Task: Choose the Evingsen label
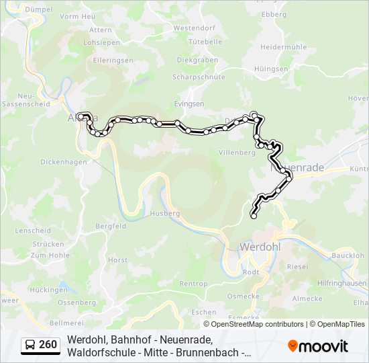(x=189, y=104)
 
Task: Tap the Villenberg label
(x=238, y=153)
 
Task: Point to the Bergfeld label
(x=111, y=227)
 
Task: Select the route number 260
(x=48, y=345)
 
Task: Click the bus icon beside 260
(x=30, y=345)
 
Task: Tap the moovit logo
(x=318, y=346)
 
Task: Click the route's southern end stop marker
(x=254, y=216)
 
